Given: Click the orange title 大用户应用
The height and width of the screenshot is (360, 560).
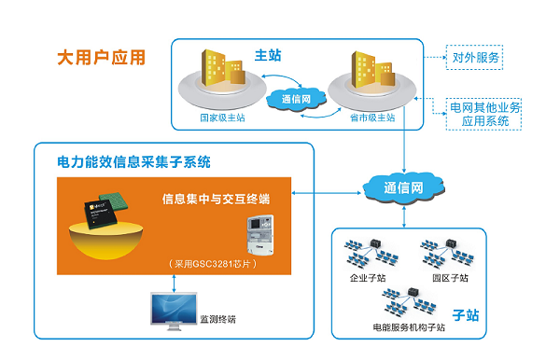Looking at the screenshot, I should (x=102, y=58).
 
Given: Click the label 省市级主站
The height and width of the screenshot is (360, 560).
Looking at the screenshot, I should (x=371, y=118).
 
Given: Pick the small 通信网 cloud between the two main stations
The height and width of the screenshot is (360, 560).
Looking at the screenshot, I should (x=296, y=98).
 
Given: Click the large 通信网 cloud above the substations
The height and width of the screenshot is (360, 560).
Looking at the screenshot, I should (x=404, y=187).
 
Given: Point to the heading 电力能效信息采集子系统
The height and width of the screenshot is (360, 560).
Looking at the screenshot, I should (x=134, y=161).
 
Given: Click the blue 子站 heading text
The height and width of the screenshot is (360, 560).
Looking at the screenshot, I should (x=464, y=313).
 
